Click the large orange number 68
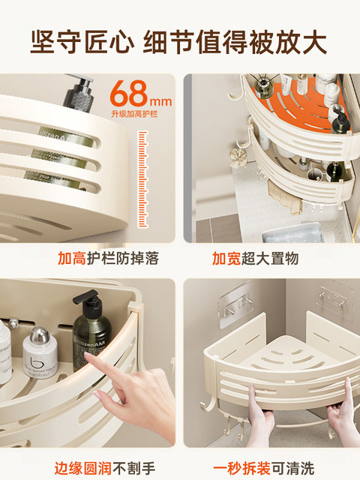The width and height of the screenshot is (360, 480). [x=128, y=94]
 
